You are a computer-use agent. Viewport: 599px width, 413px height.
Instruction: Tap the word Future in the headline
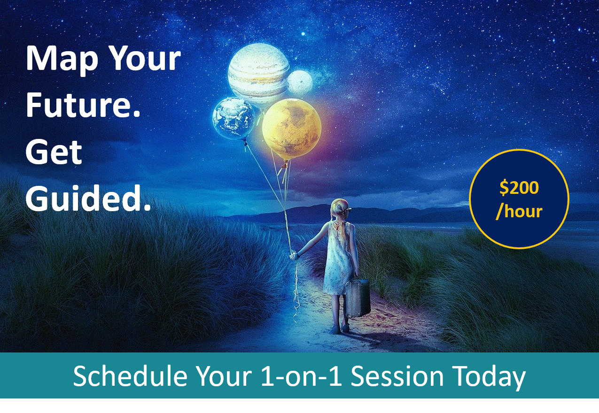pos(83,106)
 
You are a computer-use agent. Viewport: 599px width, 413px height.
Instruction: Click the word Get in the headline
pos(54,152)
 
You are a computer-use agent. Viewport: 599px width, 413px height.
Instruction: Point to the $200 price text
pos(519,188)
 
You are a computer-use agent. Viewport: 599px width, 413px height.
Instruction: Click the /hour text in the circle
pos(519,211)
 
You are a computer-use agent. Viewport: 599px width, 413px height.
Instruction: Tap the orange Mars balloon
pos(291,128)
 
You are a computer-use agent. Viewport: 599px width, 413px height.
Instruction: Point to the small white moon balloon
pos(299,83)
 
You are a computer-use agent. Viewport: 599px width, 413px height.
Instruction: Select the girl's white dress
pos(337,263)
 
